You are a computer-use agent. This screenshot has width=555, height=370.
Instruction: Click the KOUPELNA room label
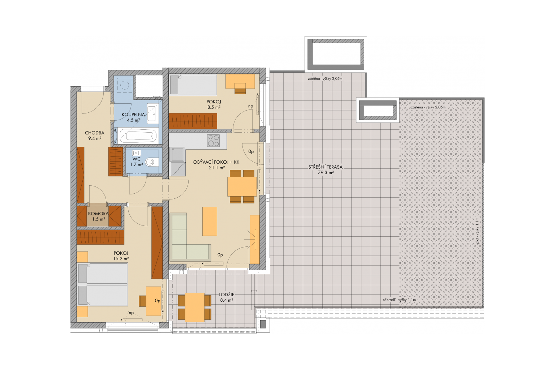coord(133,115)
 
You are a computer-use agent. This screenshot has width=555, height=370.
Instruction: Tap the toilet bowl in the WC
coord(151,162)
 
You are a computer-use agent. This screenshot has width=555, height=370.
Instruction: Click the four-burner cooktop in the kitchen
coord(213,141)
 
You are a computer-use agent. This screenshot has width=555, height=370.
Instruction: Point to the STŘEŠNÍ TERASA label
coord(325,167)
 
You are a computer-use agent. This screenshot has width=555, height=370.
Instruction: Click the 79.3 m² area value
coord(326,172)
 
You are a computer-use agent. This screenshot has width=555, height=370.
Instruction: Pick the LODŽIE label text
coord(227,294)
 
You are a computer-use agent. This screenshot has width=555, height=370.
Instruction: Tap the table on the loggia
coord(194,307)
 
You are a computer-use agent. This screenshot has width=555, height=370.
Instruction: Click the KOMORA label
coord(98,214)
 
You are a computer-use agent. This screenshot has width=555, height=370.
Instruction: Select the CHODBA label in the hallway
coord(95,133)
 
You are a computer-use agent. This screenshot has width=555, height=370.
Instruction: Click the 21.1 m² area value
coord(217,168)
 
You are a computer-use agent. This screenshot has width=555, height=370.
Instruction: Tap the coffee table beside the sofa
coord(210,221)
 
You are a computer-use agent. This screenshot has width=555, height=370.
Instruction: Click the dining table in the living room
coord(242,186)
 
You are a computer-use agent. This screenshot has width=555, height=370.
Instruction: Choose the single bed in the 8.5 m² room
coord(193,85)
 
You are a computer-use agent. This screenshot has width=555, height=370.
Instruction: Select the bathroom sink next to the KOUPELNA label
coord(152,114)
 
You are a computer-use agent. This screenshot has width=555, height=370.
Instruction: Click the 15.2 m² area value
coord(121,258)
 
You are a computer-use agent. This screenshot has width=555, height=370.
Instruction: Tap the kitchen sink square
coord(177,154)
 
